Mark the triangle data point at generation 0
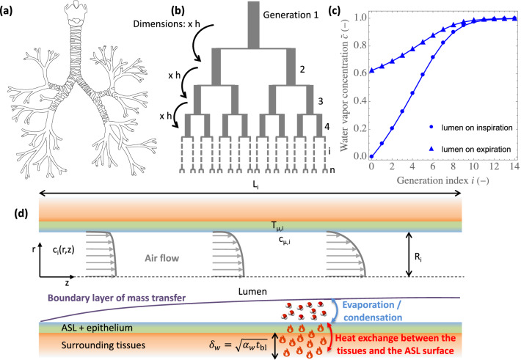[372, 70]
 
